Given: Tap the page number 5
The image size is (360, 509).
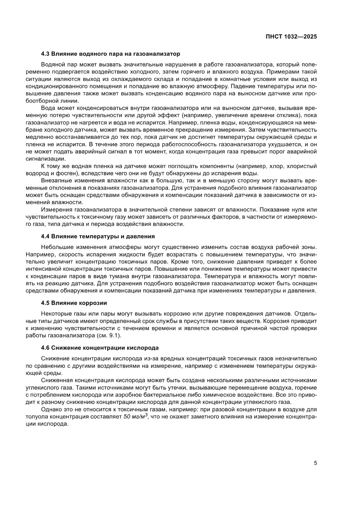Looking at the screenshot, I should [315, 463].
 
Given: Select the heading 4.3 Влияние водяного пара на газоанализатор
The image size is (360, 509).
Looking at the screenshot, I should [110, 54].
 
